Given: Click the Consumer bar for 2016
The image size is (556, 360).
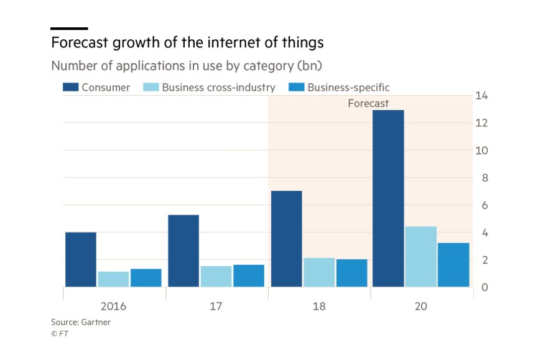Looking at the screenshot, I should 81,259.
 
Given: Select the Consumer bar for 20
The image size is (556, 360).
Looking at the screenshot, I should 389,198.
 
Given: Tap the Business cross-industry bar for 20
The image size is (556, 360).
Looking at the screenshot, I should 421,256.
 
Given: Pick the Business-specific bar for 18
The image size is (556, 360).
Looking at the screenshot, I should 352,273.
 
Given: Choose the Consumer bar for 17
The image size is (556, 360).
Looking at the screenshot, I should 183,251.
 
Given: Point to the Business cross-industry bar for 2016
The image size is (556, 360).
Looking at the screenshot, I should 113,279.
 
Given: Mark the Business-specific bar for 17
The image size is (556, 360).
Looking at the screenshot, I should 249,275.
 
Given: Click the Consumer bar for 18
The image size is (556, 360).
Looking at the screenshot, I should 287,239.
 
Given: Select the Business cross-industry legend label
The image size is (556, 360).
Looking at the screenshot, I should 218,88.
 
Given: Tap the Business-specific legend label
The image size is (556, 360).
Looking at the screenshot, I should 348,88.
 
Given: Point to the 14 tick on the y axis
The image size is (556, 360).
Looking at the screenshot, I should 482,96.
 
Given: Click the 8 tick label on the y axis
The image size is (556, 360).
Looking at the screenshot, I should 482,178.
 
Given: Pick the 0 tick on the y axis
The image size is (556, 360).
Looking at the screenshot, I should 482,287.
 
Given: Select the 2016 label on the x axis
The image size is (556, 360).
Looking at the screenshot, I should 114,307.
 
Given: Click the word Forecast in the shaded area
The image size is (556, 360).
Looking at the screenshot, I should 368,103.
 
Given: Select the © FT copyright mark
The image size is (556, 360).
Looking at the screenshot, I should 60,333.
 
